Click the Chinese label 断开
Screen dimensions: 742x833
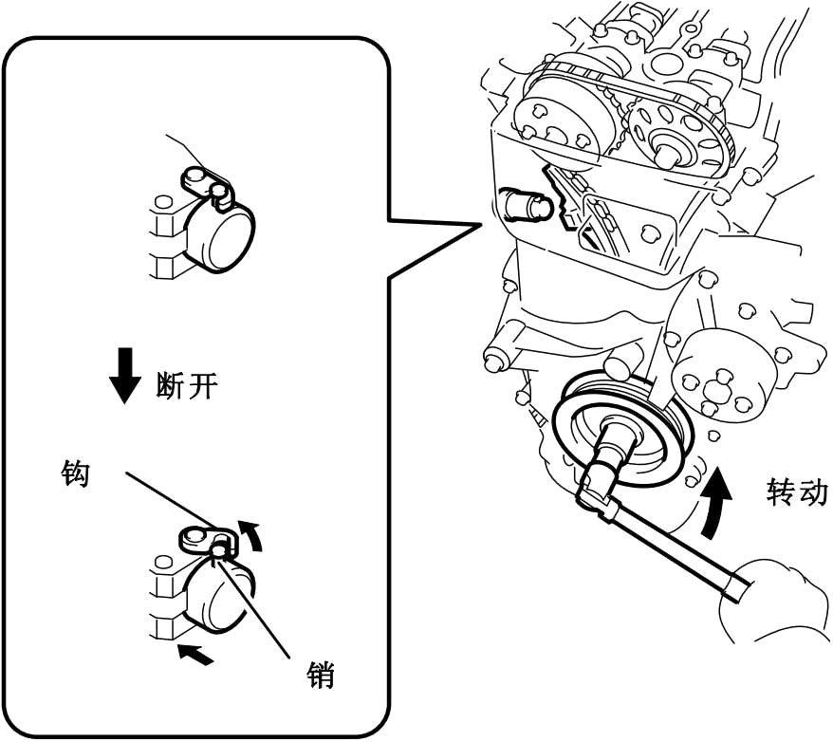(186, 385)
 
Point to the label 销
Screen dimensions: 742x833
(322, 675)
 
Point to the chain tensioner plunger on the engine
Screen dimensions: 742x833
(527, 203)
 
